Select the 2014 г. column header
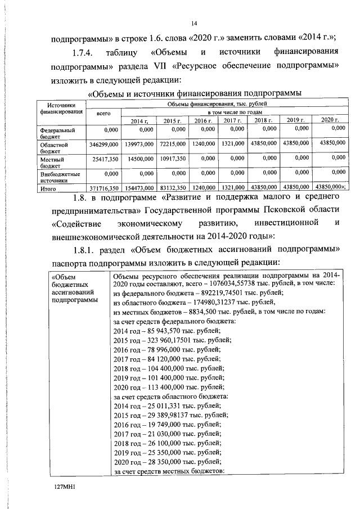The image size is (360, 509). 138,121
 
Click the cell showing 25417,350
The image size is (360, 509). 105,160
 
